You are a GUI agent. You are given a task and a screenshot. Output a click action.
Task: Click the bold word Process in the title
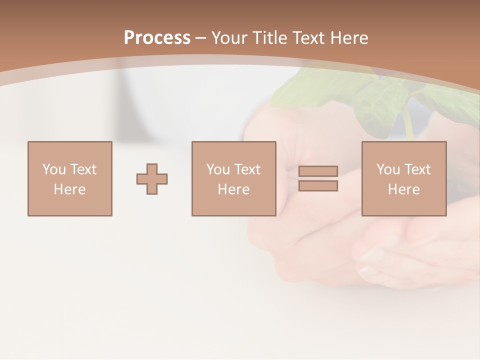[x=157, y=38]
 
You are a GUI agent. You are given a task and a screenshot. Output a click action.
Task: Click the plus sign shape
[x=152, y=179]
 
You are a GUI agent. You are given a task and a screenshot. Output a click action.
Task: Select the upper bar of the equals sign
[x=318, y=171]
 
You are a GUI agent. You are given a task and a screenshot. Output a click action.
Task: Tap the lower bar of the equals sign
[x=318, y=185]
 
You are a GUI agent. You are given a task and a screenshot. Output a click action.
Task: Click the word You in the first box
[x=53, y=169]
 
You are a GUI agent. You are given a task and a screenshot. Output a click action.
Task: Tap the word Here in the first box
[x=69, y=189]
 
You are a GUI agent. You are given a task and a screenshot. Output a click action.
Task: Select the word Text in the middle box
[x=247, y=169]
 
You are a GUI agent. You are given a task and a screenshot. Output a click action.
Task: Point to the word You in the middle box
[x=217, y=169]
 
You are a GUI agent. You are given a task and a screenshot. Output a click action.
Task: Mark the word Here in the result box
[x=403, y=189]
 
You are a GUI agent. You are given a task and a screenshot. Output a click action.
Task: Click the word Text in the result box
[x=417, y=169]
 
